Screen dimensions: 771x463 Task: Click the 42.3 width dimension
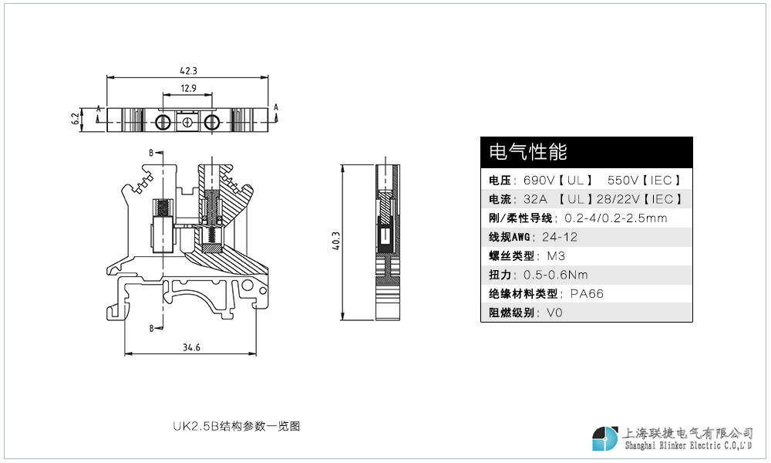pos(188,71)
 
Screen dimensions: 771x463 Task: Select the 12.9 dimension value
pos(188,88)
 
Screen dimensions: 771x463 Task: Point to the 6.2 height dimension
pos(76,119)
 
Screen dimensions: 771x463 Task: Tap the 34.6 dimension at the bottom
pos(191,347)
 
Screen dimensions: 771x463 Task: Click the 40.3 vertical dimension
pos(336,241)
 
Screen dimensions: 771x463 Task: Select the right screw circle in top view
pos(212,121)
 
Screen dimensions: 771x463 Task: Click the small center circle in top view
pos(187,122)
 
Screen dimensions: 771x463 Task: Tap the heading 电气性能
pos(528,151)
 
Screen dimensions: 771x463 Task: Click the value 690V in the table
pos(538,180)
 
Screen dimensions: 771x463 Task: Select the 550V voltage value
pos(622,180)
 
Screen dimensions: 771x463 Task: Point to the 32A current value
pos(535,199)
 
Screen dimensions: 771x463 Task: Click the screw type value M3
pos(556,256)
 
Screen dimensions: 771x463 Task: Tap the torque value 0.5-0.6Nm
pos(556,275)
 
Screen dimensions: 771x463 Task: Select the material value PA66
pos(587,294)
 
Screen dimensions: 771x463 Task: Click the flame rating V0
pos(554,313)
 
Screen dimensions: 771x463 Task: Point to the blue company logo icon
pos(604,438)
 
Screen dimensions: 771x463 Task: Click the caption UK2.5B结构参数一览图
pos(237,426)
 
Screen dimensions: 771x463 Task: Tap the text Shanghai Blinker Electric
pos(672,446)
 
